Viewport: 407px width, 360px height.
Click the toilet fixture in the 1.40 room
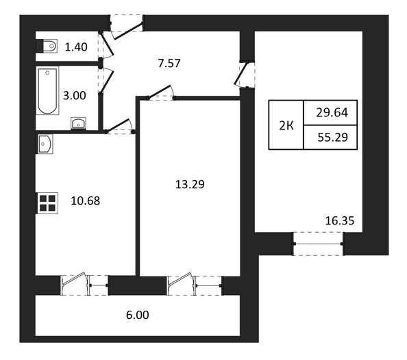(x=47, y=46)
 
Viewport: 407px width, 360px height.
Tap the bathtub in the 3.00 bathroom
(x=47, y=90)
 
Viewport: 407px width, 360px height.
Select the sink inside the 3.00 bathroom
(x=78, y=123)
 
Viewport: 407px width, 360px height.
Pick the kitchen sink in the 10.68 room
(x=45, y=144)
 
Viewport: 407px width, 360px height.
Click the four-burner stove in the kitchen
(x=47, y=203)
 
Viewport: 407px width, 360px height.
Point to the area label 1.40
(x=76, y=47)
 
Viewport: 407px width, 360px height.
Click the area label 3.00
(x=75, y=96)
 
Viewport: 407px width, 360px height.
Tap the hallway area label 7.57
(x=169, y=63)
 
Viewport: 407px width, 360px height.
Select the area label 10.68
(x=86, y=201)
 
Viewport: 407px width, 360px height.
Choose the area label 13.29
(x=190, y=184)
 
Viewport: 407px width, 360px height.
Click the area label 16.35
(x=340, y=220)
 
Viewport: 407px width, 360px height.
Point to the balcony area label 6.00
(x=138, y=315)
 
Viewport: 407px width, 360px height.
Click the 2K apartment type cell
(x=286, y=126)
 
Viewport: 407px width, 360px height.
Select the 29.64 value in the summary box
(x=332, y=113)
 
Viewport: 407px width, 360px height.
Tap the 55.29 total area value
(x=333, y=138)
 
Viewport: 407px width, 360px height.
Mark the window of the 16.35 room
(x=318, y=244)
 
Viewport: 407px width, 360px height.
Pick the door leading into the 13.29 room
(x=161, y=93)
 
